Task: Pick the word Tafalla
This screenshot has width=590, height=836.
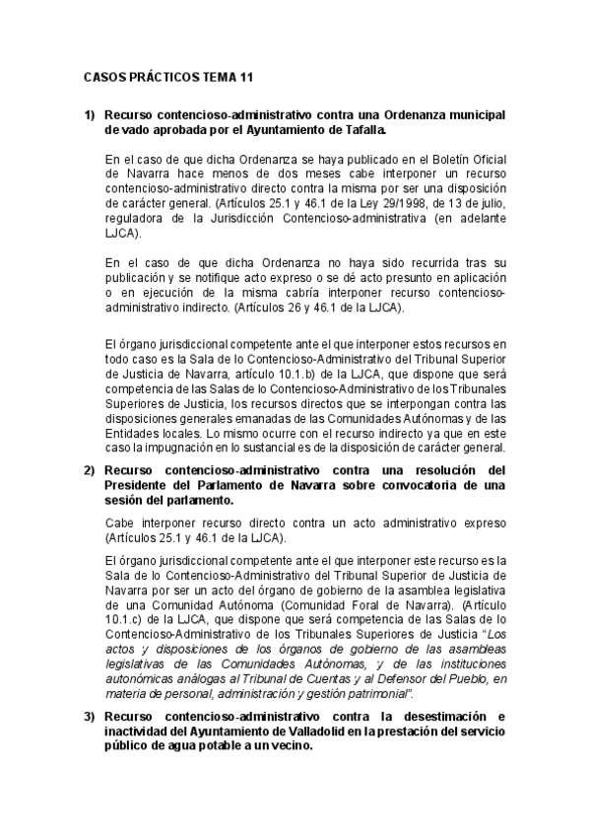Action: click(364, 129)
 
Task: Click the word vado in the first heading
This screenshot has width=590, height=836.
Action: click(133, 129)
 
